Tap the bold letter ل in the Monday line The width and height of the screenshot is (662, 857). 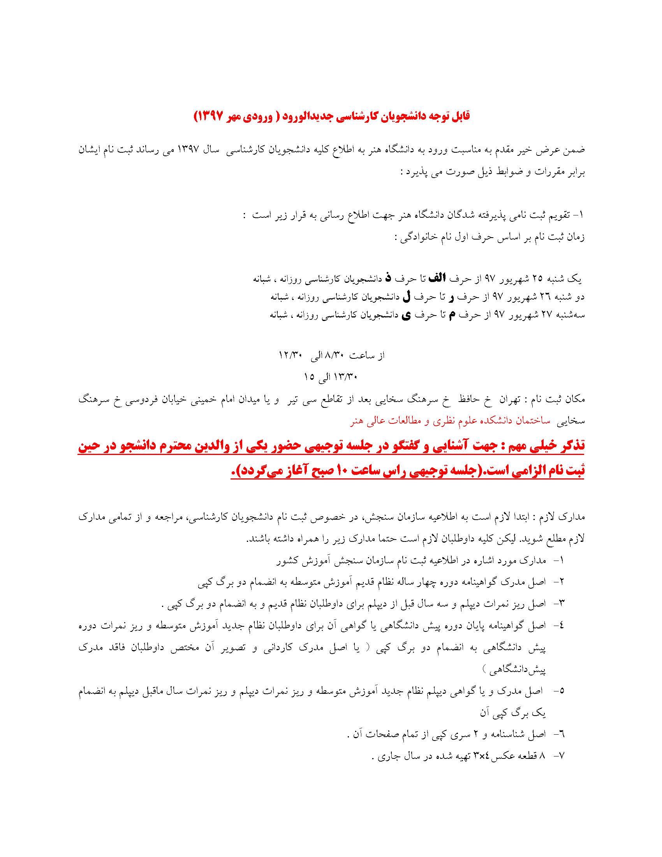407,297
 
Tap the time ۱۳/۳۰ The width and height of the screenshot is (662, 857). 345,377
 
